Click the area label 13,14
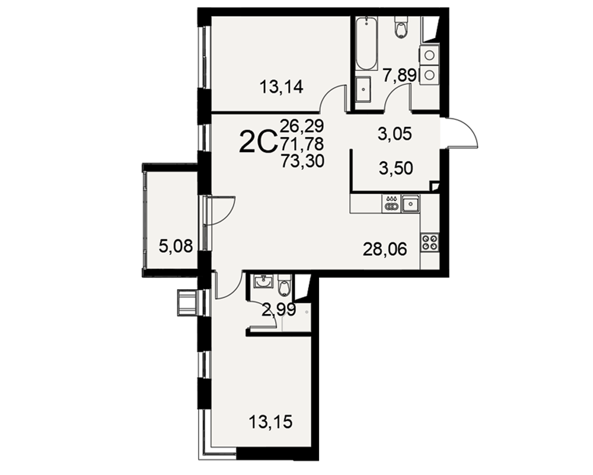pos(281,87)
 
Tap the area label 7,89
pos(399,75)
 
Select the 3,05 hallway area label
pos(394,134)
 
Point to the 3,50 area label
pos(396,168)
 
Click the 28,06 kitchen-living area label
pos(385,249)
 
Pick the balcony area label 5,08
pos(176,246)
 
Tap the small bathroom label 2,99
pos(279,311)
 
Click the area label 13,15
pos(271,421)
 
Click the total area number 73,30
pos(302,161)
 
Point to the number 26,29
pos(302,125)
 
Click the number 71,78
pos(302,144)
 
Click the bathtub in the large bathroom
pos(366,43)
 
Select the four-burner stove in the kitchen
pos(429,242)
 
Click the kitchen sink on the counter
pos(410,204)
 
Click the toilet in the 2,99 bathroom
pos(285,286)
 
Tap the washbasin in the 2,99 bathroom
pos(264,281)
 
